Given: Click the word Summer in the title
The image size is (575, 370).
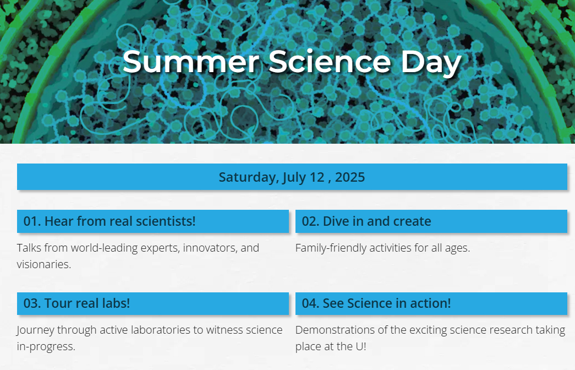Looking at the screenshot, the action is click(191, 61).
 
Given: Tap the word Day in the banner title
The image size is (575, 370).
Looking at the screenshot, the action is click(431, 64).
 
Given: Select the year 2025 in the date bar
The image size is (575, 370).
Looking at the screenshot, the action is click(350, 177).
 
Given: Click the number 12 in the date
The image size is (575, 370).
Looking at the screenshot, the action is click(317, 177).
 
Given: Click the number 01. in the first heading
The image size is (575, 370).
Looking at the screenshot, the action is click(32, 221).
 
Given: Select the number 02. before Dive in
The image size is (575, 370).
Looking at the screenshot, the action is click(310, 221).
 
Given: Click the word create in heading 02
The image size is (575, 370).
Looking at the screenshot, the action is click(412, 221).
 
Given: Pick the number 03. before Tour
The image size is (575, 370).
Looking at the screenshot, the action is click(32, 303).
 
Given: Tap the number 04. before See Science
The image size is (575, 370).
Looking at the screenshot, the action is click(310, 303).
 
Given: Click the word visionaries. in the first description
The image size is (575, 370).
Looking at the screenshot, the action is click(44, 264).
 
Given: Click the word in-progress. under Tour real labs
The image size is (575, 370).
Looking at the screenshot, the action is click(46, 347).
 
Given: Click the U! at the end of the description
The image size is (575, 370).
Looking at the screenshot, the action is click(361, 346).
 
